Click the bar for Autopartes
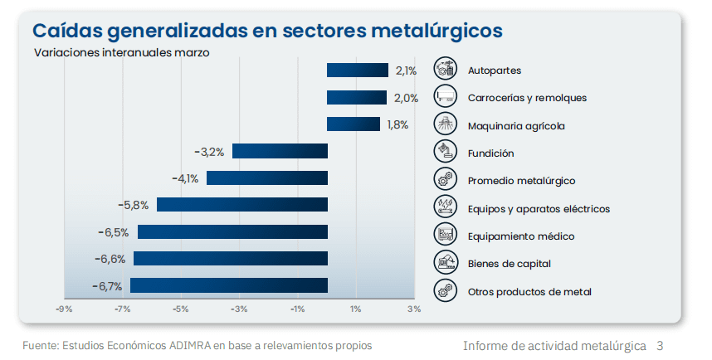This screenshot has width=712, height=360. (358, 71)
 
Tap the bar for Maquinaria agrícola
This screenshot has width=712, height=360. (354, 124)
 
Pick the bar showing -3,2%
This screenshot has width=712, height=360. (280, 151)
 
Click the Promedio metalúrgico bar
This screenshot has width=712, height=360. (267, 178)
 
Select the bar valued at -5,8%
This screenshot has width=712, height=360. (242, 204)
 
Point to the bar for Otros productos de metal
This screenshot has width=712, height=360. (229, 285)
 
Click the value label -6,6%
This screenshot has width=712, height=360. (110, 259)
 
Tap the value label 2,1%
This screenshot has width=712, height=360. (406, 71)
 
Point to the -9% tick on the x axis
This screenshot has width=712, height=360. (64, 309)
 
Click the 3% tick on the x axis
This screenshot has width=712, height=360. (414, 309)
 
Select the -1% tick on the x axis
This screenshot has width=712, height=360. (298, 309)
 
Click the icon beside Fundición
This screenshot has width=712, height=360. (446, 152)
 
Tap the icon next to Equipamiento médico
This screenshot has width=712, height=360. (446, 235)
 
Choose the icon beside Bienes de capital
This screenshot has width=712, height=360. (446, 262)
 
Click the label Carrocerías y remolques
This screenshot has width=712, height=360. (527, 98)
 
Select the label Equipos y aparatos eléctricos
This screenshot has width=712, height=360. (539, 208)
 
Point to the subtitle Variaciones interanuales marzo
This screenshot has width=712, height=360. (121, 52)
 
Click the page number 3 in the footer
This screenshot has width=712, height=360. (660, 344)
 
